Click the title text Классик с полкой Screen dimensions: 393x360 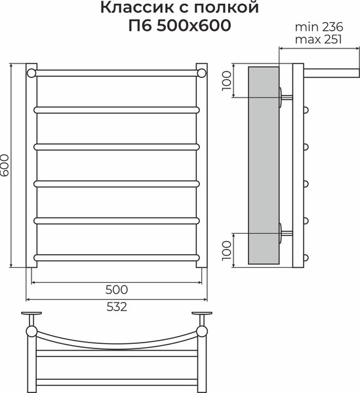point(179,9)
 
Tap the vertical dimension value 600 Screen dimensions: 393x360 point(6,166)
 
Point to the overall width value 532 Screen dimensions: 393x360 point(116,307)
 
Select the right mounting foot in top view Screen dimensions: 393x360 point(203,316)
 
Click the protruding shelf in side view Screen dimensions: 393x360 point(330,69)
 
